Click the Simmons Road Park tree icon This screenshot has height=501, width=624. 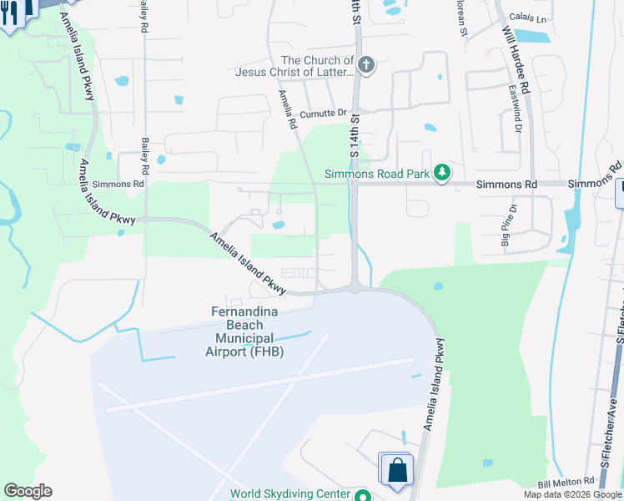click(x=441, y=174)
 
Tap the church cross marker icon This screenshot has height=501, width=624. click(x=365, y=65)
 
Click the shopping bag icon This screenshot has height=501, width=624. click(x=398, y=469)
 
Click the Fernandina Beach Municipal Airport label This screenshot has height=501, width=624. click(x=245, y=331)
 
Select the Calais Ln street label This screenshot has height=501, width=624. click(x=529, y=18)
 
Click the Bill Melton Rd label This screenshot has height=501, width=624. click(x=566, y=483)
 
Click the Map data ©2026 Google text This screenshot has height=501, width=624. click(x=572, y=494)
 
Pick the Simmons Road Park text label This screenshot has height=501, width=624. click(x=376, y=174)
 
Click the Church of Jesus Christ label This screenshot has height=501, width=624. click(x=294, y=66)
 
